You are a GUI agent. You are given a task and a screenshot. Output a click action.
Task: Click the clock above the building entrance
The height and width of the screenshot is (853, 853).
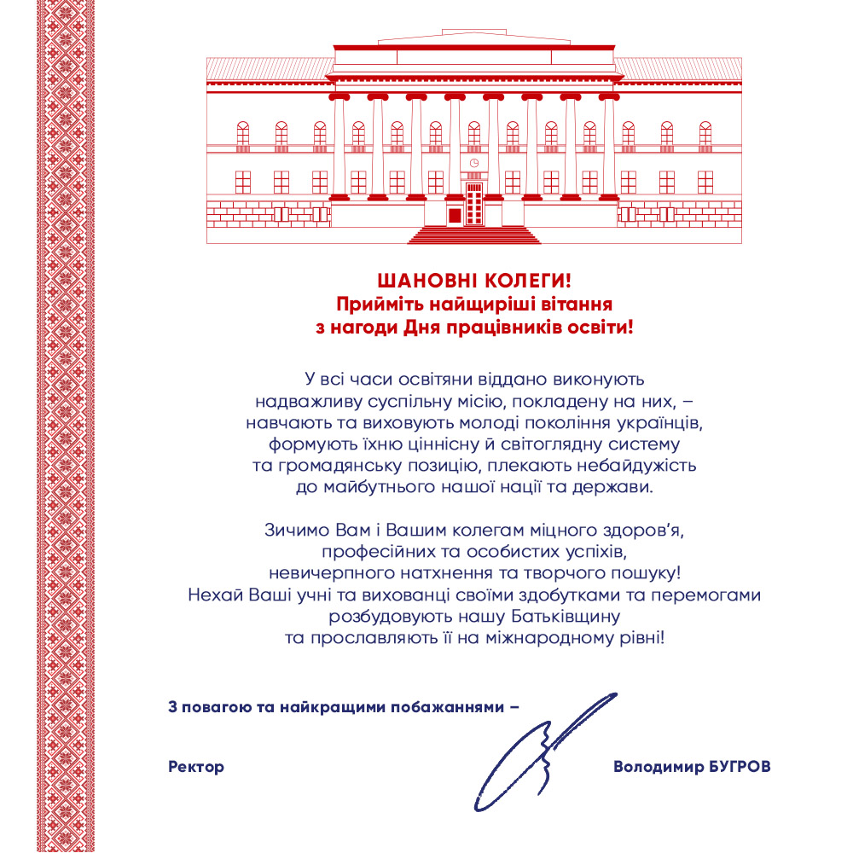tap(473, 162)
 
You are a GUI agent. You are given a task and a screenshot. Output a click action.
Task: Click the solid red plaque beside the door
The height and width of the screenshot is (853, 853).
tap(455, 214)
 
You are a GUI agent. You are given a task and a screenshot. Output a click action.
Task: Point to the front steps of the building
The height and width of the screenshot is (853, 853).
tap(473, 234)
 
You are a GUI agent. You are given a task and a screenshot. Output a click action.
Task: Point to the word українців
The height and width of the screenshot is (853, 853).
tap(658, 421)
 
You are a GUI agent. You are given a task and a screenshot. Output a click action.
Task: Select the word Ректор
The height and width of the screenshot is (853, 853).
tap(196, 767)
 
